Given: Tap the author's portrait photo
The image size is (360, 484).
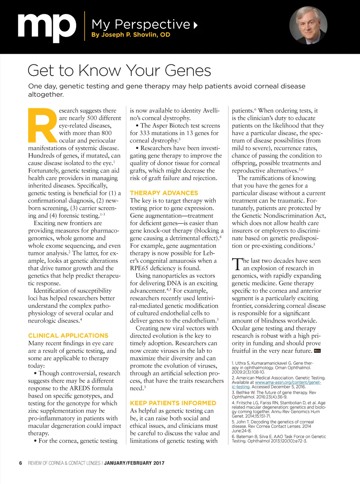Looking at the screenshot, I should click(308, 25).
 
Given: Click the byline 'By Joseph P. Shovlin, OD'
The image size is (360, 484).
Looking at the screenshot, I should click(130, 35).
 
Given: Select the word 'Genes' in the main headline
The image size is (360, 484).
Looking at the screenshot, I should click(188, 71).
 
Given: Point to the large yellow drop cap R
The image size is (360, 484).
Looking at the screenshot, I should click(42, 125).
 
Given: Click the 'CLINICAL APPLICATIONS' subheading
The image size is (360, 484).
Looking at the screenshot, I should click(68, 336).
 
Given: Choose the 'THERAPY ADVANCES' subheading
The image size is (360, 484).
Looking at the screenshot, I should click(164, 193).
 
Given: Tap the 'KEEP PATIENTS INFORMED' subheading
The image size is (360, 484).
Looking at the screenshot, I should click(173, 403).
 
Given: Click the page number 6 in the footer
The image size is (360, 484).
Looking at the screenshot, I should click(21, 463).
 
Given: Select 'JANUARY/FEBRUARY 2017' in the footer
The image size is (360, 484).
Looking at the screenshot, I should click(134, 463).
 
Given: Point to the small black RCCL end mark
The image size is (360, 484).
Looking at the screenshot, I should click(317, 351).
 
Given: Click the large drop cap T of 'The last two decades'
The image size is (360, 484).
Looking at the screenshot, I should click(237, 264).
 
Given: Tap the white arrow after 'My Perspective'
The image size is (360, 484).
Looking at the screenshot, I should click(195, 25).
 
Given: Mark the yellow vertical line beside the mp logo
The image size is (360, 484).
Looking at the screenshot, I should click(84, 26).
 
